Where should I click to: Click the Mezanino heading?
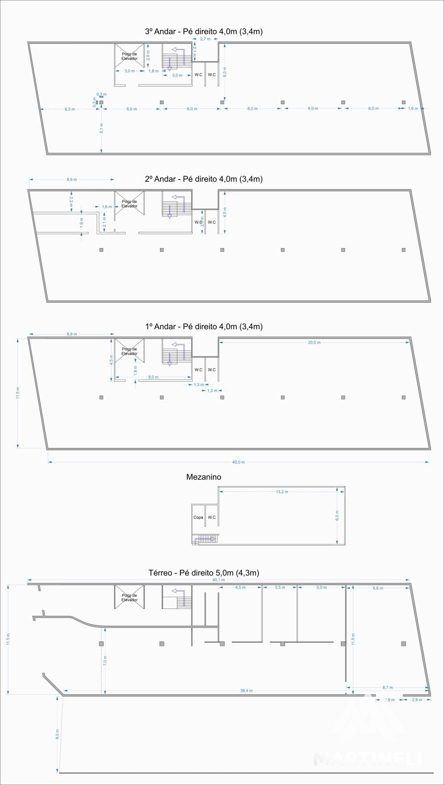pos(203,477)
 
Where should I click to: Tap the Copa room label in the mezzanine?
pos(198,517)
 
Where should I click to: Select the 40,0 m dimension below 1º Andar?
pos(238,462)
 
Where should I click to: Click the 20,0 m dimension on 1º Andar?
pos(314,343)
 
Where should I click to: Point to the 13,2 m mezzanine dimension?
pos(282,492)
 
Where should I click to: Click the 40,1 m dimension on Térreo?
pos(219,580)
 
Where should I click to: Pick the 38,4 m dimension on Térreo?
pos(246,691)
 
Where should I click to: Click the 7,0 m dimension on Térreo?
pos(105,661)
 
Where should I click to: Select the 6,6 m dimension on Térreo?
pos(378,588)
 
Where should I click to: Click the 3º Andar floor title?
pos(204,31)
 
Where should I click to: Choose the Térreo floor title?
pos(204,573)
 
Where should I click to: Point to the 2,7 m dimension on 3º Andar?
pos(205,39)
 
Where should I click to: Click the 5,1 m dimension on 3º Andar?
pos(102,128)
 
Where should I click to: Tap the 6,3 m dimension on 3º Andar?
pos(70,109)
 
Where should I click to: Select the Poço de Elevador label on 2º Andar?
pos(129,204)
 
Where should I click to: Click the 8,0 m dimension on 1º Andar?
pos(153,377)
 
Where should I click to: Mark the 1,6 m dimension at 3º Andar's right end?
pos(413,108)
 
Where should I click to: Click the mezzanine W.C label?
pos(212,517)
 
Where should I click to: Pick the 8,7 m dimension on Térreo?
pos(388,687)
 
